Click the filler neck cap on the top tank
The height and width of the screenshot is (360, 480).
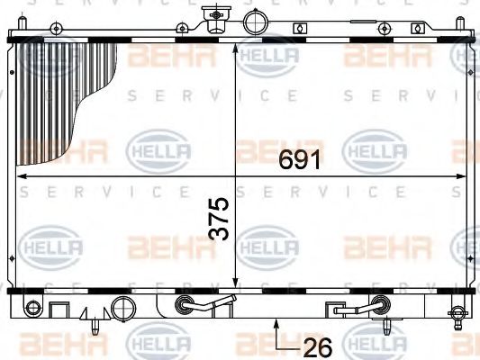tap(214, 17)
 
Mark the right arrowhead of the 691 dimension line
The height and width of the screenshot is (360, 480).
tap(464, 176)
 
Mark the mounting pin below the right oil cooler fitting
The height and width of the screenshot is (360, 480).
tap(385, 324)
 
